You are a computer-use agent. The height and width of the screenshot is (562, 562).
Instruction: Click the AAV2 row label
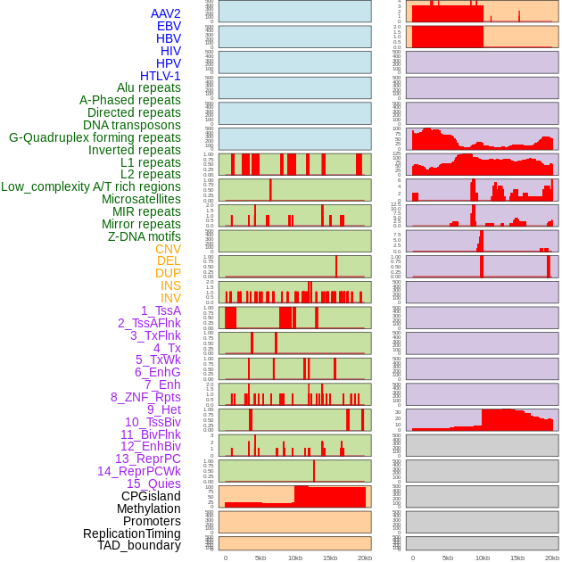(x=166, y=14)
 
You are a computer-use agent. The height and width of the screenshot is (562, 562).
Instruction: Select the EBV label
(x=169, y=27)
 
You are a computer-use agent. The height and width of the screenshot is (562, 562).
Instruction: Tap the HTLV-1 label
(x=161, y=76)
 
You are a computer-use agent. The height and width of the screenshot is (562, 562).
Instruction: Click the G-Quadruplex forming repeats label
(x=95, y=137)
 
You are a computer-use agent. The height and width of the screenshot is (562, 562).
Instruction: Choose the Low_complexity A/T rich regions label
(x=91, y=186)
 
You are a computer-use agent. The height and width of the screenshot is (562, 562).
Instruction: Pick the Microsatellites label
(x=141, y=199)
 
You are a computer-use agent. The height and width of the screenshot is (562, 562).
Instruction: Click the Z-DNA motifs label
(x=145, y=236)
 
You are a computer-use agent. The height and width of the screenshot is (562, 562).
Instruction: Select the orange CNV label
(x=168, y=249)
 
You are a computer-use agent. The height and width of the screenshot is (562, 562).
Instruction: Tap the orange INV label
(x=170, y=298)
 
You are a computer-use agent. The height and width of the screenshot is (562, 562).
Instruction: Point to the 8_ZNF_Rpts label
(x=145, y=397)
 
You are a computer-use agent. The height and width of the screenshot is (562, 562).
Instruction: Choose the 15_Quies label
(x=153, y=483)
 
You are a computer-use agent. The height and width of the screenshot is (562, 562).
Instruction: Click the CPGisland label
(x=151, y=496)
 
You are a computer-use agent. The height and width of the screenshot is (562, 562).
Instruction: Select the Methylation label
(x=148, y=508)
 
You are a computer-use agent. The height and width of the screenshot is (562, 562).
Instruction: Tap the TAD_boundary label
(x=139, y=545)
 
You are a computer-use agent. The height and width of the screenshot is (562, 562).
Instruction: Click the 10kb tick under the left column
(x=295, y=558)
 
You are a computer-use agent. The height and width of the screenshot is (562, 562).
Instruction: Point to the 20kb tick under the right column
(x=552, y=558)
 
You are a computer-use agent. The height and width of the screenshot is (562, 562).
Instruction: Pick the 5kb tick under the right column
(x=448, y=558)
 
